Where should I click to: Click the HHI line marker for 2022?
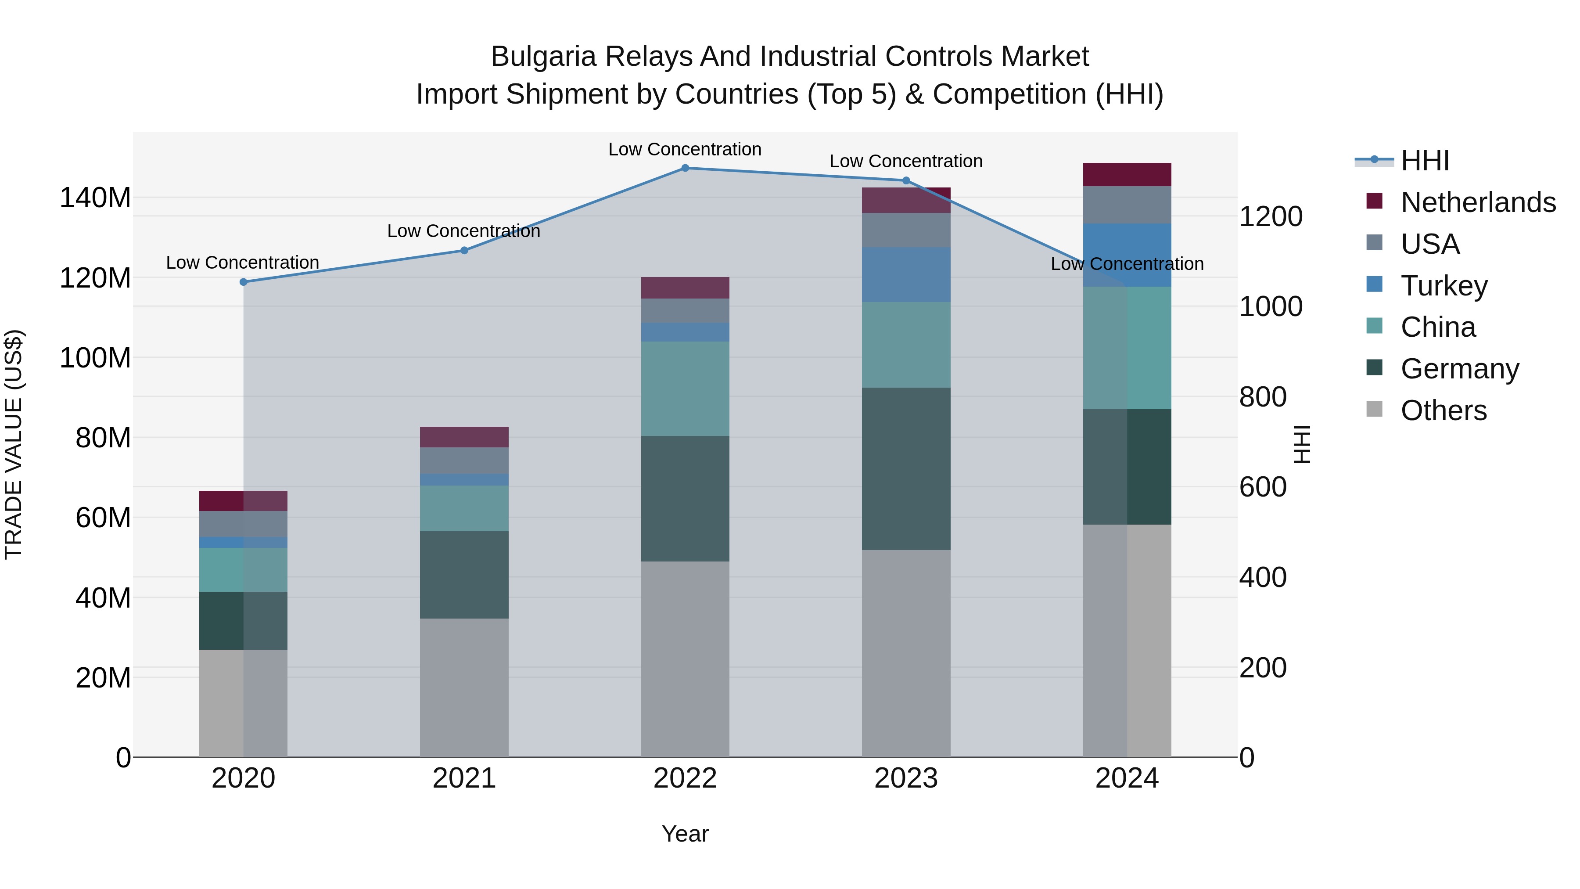tap(685, 168)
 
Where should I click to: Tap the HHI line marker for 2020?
tap(244, 282)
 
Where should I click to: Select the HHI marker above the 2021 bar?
tap(464, 250)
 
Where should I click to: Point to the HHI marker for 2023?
tap(906, 181)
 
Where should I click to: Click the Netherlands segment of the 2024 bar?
tap(1127, 175)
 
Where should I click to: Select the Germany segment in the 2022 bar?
tap(685, 499)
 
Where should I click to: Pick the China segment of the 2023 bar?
tap(906, 345)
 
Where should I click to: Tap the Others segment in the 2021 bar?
tap(464, 687)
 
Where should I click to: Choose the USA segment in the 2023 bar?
tap(906, 230)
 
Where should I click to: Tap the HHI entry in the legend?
tap(1424, 161)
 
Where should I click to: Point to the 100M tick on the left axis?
tap(95, 358)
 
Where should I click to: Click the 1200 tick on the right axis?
tap(1270, 216)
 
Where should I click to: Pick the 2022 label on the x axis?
tap(685, 778)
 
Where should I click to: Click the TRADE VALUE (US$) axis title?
tap(14, 444)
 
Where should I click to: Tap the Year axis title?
tap(685, 834)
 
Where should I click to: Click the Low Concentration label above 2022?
tap(685, 149)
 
